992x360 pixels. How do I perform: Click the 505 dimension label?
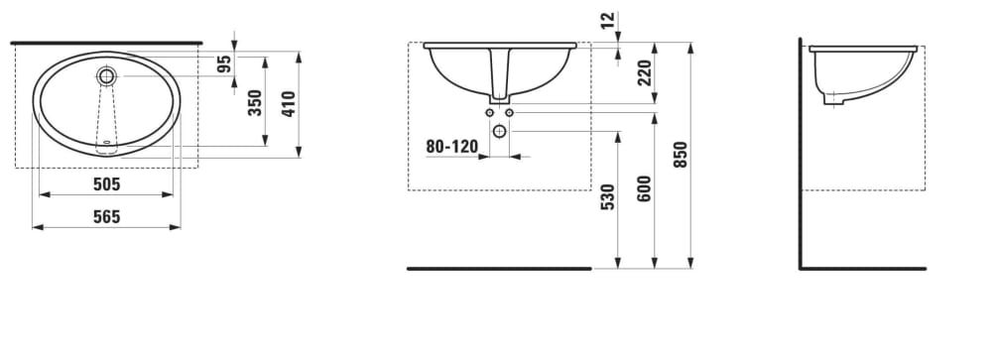[x=106, y=184]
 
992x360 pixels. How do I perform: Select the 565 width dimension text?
[x=106, y=217]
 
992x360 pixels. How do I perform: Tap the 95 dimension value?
[x=224, y=64]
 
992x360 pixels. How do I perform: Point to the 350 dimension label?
[x=254, y=102]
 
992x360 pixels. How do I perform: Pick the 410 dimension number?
[x=288, y=104]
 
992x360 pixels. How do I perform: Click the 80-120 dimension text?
[x=451, y=147]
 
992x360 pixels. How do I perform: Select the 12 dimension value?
[x=607, y=20]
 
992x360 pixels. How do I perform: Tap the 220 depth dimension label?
[x=644, y=72]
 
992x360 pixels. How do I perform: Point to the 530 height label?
[x=607, y=196]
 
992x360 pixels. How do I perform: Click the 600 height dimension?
[x=644, y=188]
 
